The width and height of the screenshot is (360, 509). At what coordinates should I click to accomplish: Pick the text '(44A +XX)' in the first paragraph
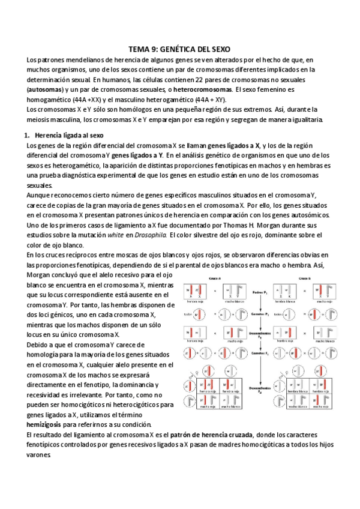click(80, 99)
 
